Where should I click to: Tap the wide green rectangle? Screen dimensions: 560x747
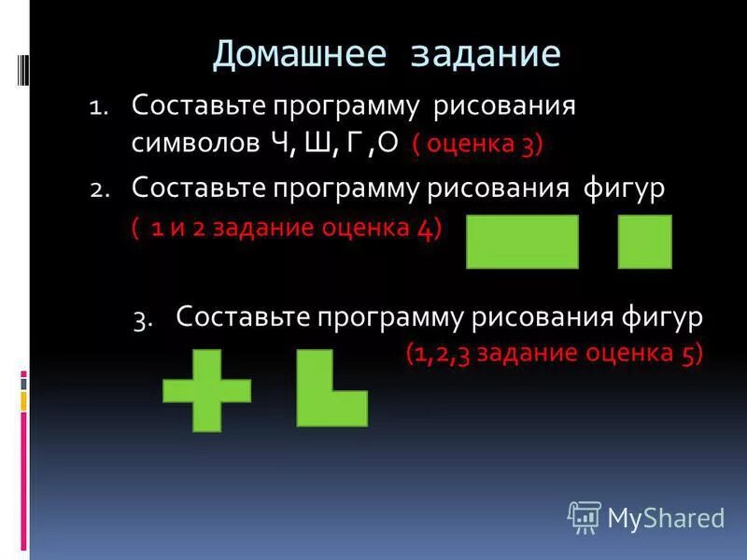click(x=522, y=242)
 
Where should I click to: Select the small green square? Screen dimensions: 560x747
click(x=644, y=242)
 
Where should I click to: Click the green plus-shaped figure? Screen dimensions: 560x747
click(x=206, y=390)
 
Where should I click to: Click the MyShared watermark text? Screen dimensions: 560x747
click(x=666, y=516)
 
